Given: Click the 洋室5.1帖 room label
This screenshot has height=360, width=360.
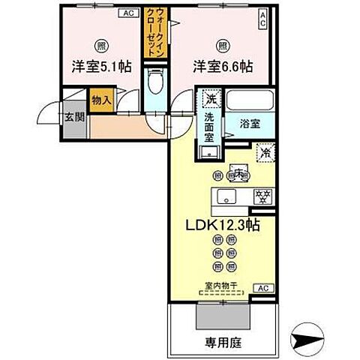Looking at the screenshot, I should pyautogui.click(x=101, y=67).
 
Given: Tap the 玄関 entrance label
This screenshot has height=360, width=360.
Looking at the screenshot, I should pyautogui.click(x=73, y=116).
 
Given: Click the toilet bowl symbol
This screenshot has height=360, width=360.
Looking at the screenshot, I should pyautogui.click(x=154, y=82).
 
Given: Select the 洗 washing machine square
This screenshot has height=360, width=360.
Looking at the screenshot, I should pyautogui.click(x=211, y=99).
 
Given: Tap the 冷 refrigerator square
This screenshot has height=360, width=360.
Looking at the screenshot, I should pyautogui.click(x=265, y=152).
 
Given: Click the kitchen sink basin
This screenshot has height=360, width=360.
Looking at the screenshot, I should pyautogui.click(x=225, y=197).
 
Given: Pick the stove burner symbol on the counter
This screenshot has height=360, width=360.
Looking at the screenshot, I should pyautogui.click(x=263, y=196).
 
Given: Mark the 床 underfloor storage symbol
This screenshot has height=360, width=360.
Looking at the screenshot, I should pyautogui.click(x=239, y=173).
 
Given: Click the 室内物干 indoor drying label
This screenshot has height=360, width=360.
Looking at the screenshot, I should pyautogui.click(x=220, y=285).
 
